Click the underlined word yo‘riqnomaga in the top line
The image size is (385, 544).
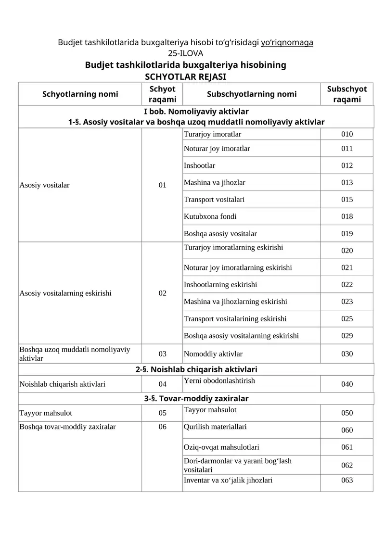[x=287, y=42]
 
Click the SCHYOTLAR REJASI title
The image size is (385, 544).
[x=185, y=76]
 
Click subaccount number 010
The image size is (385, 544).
[x=346, y=134]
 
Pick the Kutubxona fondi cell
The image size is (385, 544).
[x=210, y=216]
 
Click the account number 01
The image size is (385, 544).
[x=162, y=185]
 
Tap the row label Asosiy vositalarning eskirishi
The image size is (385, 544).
[x=65, y=293]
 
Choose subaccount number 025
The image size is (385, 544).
[x=346, y=319]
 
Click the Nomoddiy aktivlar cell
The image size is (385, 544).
[x=213, y=354]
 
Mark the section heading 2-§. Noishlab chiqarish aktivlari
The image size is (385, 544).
[x=196, y=369]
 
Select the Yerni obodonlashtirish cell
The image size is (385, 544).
[x=219, y=381]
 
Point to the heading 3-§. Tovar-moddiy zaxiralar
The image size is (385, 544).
[x=196, y=399]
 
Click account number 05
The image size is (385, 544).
[x=162, y=413]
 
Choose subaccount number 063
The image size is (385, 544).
[x=346, y=480]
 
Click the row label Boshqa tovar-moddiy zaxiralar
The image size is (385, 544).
[x=67, y=427]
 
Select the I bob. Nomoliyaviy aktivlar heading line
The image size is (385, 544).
[x=196, y=112]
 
